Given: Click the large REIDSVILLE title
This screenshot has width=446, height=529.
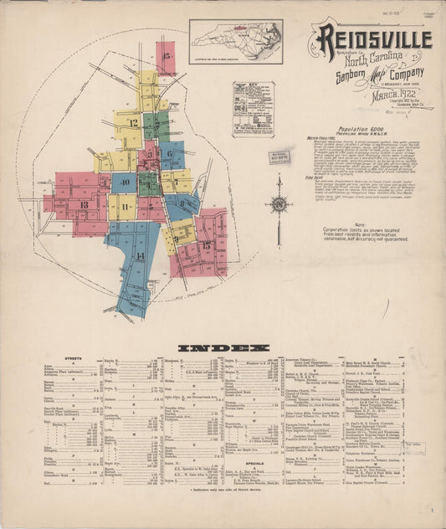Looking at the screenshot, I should coord(373,39).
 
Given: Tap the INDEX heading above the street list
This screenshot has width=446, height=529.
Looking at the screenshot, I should coord(223,347).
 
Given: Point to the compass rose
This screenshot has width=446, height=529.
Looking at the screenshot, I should coord(278,203).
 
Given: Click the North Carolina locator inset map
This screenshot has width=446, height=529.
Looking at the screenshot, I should coord(235,42).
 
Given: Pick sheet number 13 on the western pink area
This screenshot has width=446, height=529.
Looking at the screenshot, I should coord(83,204).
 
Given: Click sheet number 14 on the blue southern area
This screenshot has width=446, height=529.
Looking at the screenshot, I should coord(140,255).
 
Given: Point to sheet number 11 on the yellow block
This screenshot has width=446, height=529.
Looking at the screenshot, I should coord(124,206).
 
